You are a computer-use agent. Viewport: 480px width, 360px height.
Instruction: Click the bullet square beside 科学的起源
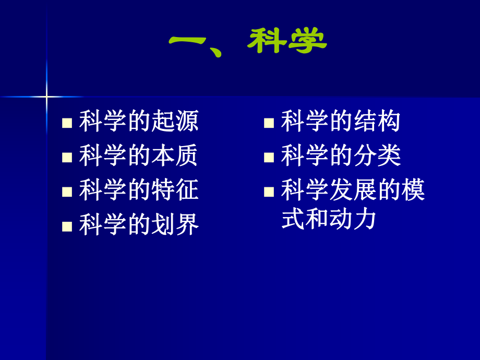click(67, 123)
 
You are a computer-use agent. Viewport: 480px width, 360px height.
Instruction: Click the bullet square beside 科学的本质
click(67, 158)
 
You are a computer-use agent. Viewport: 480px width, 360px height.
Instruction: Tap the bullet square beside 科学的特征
click(67, 191)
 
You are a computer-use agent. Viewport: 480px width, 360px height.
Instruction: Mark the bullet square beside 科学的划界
click(67, 226)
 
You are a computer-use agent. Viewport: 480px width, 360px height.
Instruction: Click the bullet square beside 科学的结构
click(269, 123)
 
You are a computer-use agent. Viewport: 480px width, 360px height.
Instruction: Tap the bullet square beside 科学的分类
click(269, 158)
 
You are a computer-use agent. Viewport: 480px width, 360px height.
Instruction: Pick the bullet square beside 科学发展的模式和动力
click(269, 191)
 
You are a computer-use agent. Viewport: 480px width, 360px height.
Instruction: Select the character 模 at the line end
click(413, 190)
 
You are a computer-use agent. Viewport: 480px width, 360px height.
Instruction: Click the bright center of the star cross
click(46, 97)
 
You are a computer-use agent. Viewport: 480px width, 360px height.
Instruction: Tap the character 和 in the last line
click(317, 219)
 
